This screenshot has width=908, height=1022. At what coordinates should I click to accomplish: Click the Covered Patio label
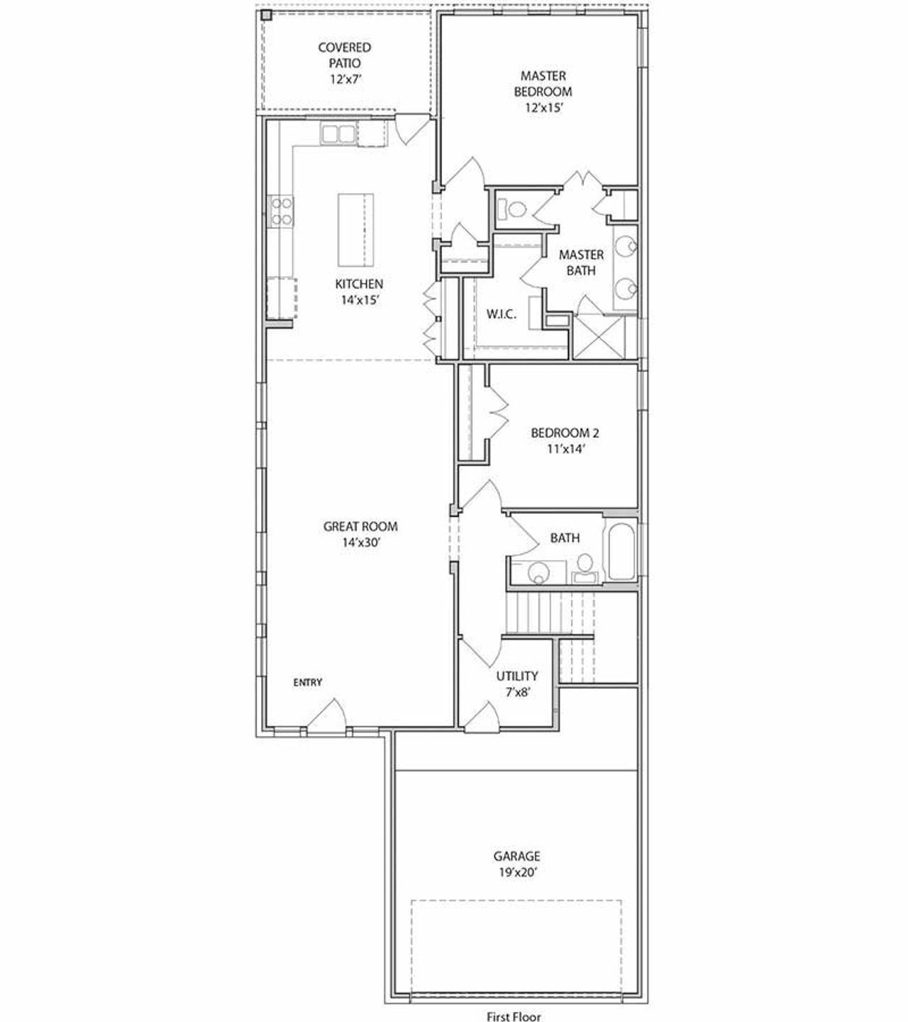[x=344, y=55]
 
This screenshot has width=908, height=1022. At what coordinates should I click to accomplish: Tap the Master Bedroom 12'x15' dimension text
[x=543, y=108]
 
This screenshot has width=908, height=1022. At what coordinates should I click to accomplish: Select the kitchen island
[x=355, y=229]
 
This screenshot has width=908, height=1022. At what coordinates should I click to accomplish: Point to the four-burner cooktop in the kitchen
[x=281, y=211]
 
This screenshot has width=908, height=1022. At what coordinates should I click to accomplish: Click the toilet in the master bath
[x=512, y=209]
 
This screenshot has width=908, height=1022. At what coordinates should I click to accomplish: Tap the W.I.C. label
[x=501, y=314]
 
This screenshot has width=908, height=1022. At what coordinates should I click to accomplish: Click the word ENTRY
[x=308, y=683]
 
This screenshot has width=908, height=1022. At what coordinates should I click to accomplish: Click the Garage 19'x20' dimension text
[x=516, y=873]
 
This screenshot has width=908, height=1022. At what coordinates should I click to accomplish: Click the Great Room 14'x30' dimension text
[x=360, y=543]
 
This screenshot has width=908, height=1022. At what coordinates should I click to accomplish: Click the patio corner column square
[x=266, y=15]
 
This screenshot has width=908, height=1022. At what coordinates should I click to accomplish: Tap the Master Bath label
[x=581, y=262]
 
